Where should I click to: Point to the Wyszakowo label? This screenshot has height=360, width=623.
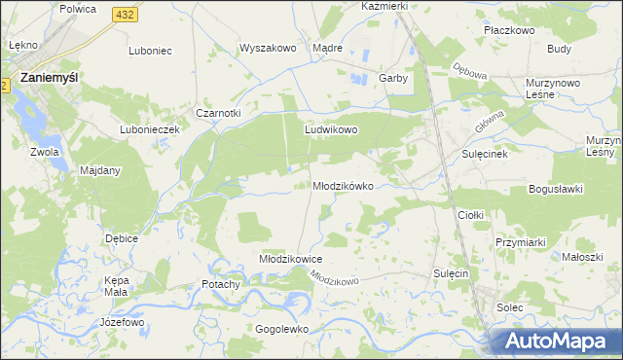267,48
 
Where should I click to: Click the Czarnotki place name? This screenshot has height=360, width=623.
218,113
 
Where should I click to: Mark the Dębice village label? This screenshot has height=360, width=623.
122,238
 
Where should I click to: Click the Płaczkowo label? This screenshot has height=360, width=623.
510,30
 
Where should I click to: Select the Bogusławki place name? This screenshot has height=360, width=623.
554,189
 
